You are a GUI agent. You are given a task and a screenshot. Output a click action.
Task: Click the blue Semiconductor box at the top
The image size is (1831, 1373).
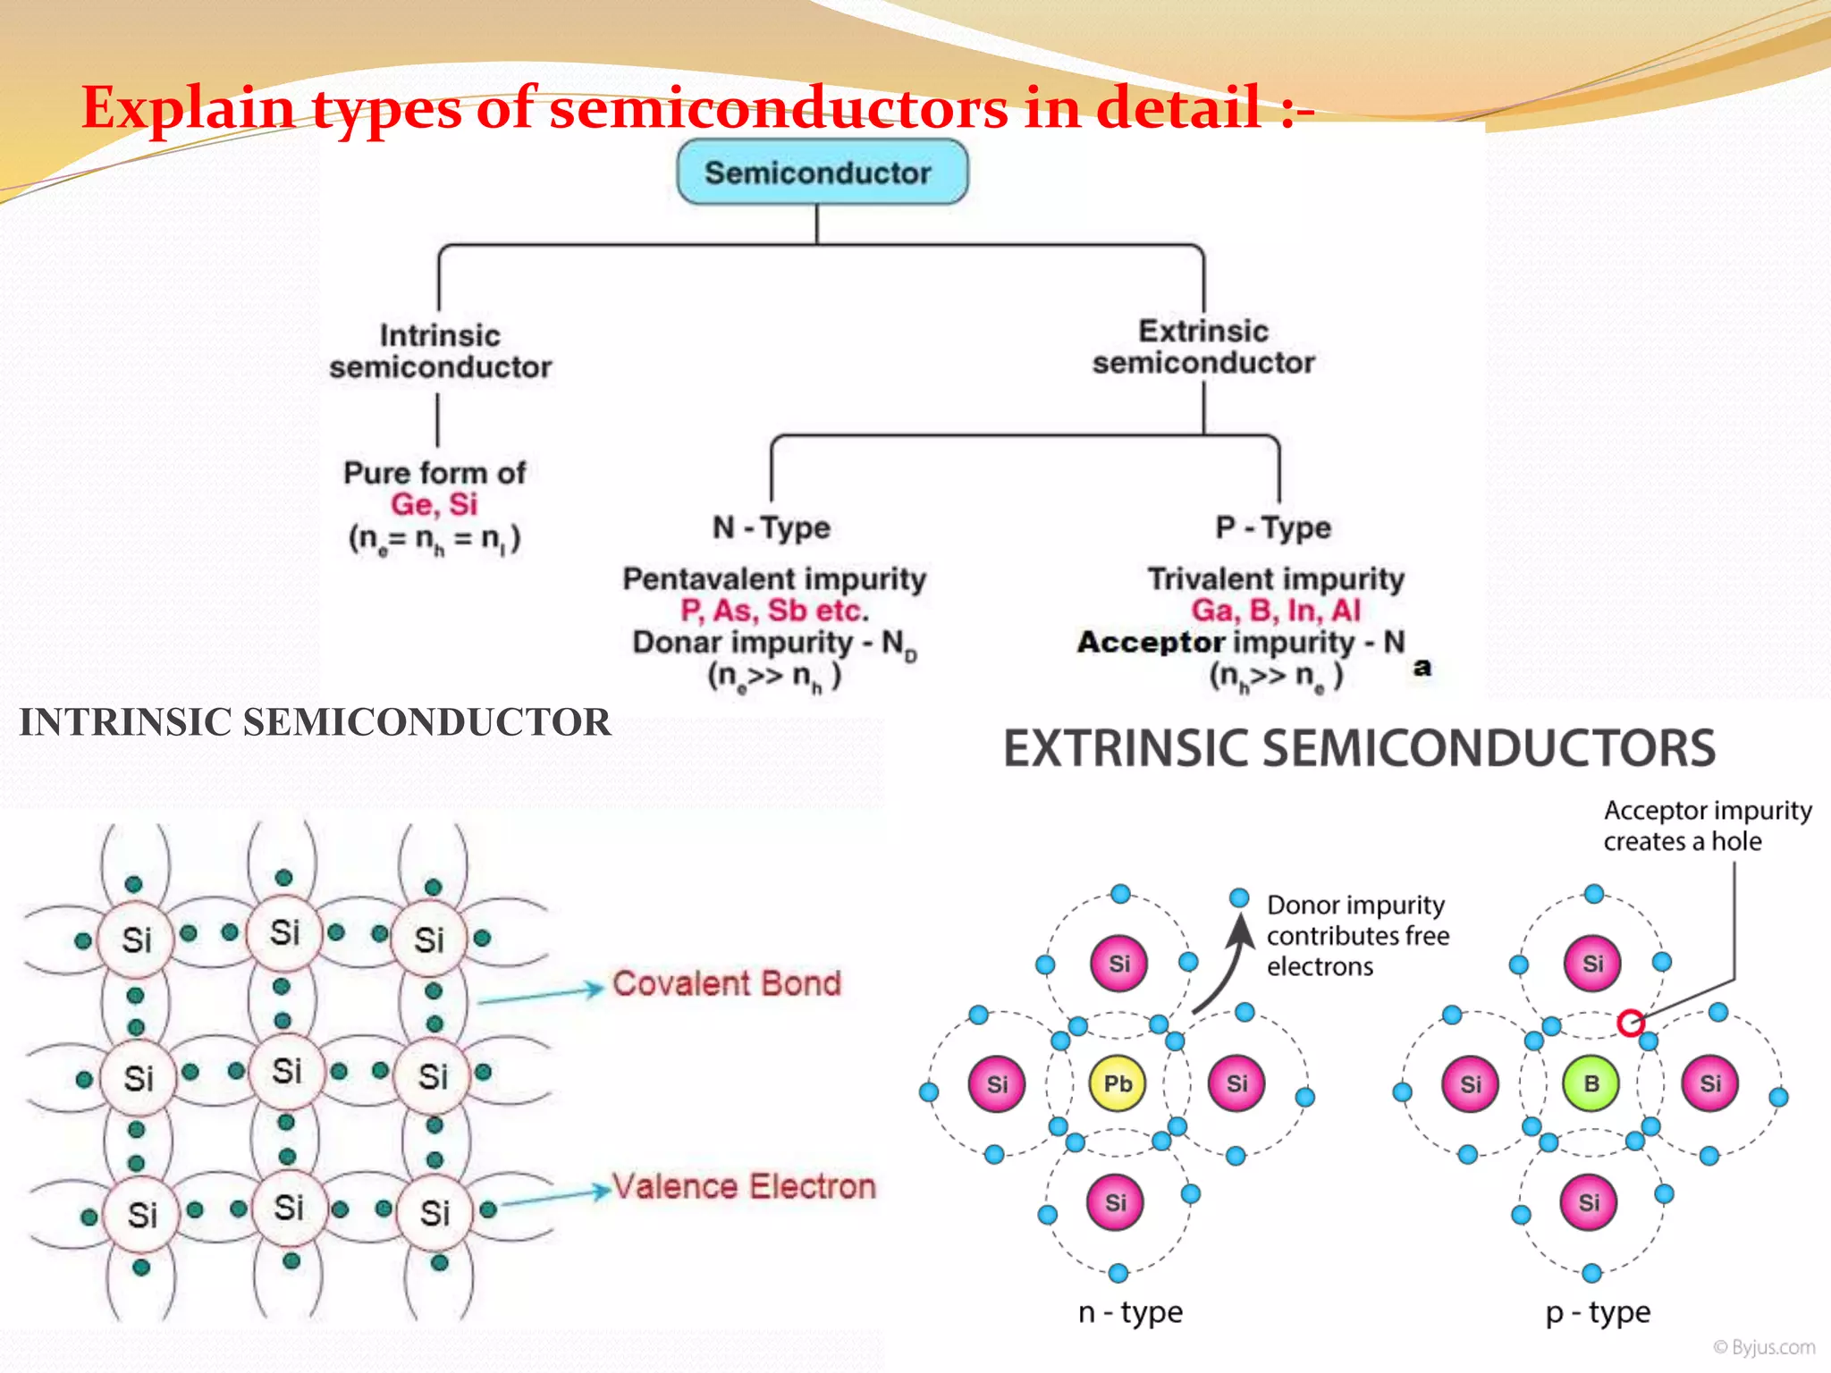tap(822, 172)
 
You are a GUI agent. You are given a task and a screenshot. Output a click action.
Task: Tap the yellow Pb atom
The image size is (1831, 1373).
tap(1117, 1083)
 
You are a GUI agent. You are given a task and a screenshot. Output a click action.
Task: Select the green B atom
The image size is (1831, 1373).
tap(1591, 1083)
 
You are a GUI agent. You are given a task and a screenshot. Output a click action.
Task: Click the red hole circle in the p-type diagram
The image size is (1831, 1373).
tap(1630, 1023)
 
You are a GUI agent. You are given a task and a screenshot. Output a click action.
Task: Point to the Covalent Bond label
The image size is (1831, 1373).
tap(726, 983)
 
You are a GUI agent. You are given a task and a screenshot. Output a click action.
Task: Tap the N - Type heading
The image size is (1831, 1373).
tap(771, 527)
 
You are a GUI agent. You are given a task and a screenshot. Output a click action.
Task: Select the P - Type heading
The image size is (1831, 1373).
tap(1273, 527)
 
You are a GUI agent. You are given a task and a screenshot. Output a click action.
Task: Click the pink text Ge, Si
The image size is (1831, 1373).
tap(435, 504)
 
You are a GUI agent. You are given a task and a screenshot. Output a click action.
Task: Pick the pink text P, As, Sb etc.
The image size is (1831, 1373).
tap(774, 611)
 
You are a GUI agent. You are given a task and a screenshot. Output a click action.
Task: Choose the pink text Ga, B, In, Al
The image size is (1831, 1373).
tap(1276, 611)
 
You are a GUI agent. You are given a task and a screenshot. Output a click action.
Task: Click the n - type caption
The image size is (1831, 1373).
tap(1130, 1311)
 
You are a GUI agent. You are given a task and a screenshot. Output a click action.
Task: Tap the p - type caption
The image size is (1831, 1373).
tap(1598, 1312)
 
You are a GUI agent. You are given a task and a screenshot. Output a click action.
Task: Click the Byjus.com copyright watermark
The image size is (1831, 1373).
tap(1764, 1347)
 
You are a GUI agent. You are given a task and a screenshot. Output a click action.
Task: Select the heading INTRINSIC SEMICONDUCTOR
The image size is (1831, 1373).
tap(315, 722)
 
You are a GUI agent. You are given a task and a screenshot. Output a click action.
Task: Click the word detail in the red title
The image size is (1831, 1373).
tap(1178, 107)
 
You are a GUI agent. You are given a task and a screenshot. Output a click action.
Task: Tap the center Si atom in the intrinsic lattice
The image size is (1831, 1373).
tap(286, 1071)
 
